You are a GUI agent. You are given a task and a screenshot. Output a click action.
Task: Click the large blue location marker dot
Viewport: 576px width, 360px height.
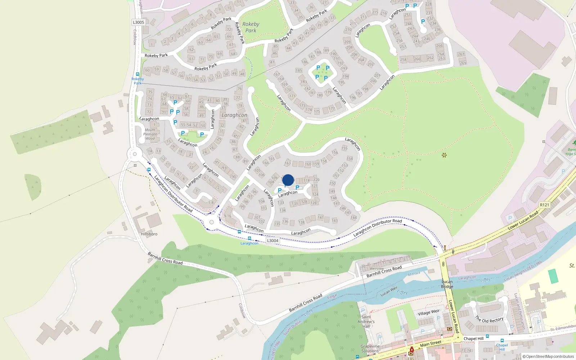pyautogui.click(x=288, y=180)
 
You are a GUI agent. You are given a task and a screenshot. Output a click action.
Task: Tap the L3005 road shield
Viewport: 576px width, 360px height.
pyautogui.click(x=138, y=22)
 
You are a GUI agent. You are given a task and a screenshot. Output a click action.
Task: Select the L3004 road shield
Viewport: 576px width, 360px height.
pyautogui.click(x=273, y=240)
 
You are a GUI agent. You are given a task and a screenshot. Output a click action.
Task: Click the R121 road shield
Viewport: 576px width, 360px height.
pyautogui.click(x=544, y=205)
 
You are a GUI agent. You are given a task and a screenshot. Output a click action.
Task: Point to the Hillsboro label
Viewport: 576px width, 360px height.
pyautogui.click(x=149, y=234)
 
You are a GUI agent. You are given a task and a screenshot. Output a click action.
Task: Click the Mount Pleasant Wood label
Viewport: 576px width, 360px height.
pyautogui.click(x=150, y=134)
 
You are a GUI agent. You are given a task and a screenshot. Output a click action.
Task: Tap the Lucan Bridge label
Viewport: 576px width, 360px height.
pyautogui.click(x=447, y=284)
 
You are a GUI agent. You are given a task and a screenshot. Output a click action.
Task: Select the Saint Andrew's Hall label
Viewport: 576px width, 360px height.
pyautogui.click(x=366, y=321)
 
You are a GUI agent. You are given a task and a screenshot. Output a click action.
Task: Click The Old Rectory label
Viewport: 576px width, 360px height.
pyautogui.click(x=489, y=320)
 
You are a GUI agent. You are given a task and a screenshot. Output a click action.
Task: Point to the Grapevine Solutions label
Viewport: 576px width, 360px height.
pyautogui.click(x=370, y=348)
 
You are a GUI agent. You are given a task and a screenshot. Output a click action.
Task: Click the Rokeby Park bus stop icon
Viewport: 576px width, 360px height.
pyautogui.click(x=138, y=74)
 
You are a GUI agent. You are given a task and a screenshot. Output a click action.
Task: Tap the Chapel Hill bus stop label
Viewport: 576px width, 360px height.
pyautogui.click(x=502, y=347)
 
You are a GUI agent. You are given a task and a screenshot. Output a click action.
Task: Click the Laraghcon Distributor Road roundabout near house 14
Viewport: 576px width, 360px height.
pyautogui.click(x=135, y=154)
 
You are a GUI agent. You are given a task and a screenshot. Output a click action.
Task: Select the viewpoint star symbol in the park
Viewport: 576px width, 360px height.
pyautogui.click(x=444, y=155)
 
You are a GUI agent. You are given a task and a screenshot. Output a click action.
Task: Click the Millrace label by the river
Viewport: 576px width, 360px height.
pyautogui.click(x=414, y=274)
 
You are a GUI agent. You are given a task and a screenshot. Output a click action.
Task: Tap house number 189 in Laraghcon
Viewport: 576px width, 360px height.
pyautogui.click(x=326, y=50)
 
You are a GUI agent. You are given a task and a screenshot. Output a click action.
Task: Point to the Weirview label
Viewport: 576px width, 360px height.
pyautogui.click(x=377, y=269)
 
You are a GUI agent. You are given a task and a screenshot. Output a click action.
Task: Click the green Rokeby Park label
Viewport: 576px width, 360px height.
pyautogui.click(x=251, y=27)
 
